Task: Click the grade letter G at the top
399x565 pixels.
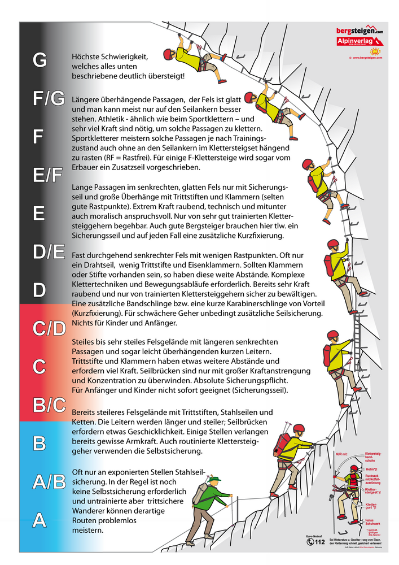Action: click(x=40, y=60)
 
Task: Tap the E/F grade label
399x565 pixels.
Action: click(x=47, y=176)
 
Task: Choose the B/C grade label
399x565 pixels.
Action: click(x=49, y=405)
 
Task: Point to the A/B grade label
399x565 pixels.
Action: click(x=49, y=481)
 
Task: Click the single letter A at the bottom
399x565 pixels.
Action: click(x=40, y=520)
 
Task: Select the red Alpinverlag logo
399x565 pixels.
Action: click(x=359, y=42)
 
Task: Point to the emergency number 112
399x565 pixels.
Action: click(x=320, y=542)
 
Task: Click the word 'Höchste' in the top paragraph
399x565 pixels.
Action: click(x=85, y=56)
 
